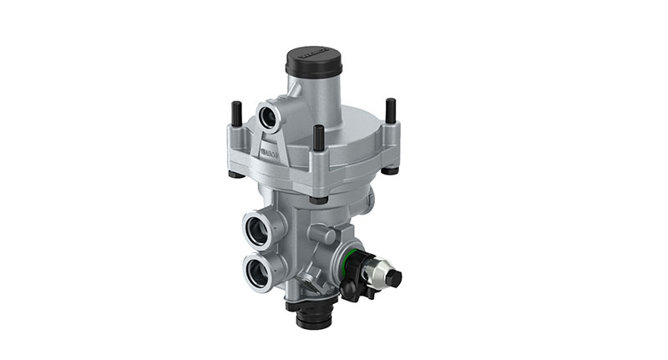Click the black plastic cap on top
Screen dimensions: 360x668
314,61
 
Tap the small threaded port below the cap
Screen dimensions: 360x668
271,115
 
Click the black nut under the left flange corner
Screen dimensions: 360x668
236,174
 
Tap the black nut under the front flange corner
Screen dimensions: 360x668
318,199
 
